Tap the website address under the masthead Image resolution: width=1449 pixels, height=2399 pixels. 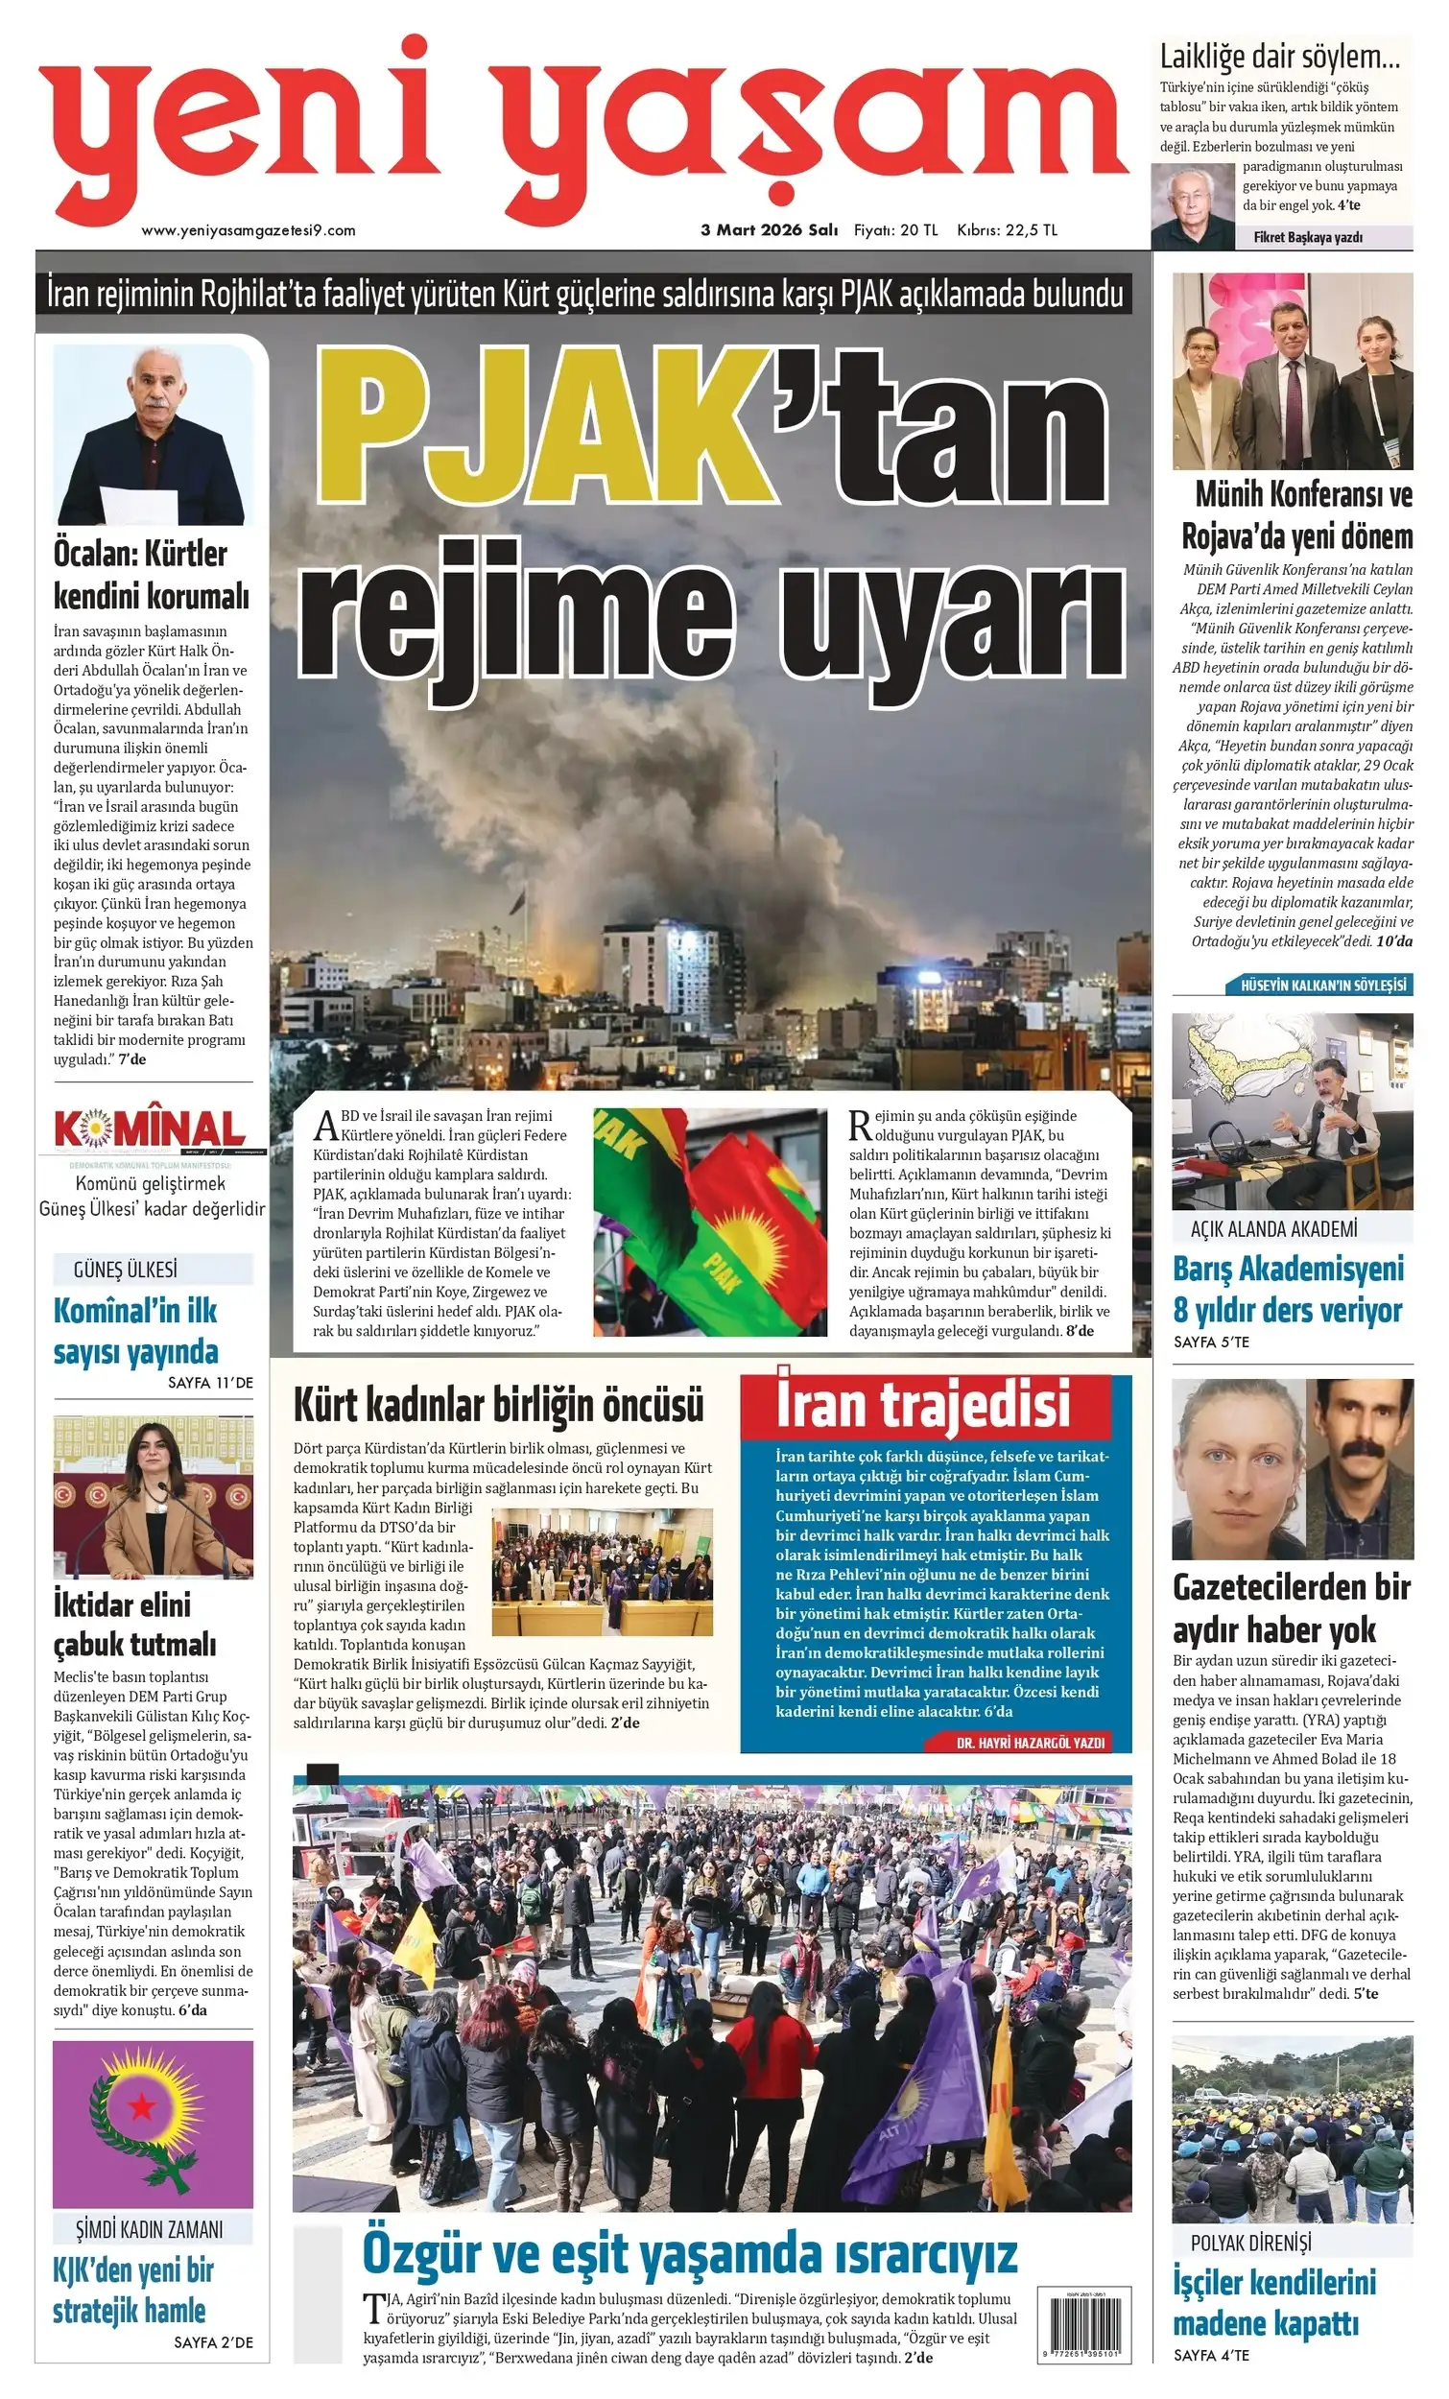pos(249,230)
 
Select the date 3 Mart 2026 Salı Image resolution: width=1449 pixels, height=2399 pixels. pos(770,230)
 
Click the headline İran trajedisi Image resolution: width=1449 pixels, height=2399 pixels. pos(923,1405)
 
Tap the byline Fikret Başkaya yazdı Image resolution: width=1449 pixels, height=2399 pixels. pos(1308,237)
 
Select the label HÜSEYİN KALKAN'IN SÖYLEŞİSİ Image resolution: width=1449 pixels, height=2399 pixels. pos(1322,985)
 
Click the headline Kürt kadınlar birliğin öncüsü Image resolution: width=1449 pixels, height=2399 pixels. pos(498,1405)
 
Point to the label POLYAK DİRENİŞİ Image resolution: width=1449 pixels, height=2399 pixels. pos(1250,2243)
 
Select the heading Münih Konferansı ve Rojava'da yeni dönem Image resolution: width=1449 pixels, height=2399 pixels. pos(1297,515)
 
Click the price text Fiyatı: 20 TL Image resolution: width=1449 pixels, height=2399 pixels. pos(895,230)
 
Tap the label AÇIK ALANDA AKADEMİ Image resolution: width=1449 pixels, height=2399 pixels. pos(1272,1229)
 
